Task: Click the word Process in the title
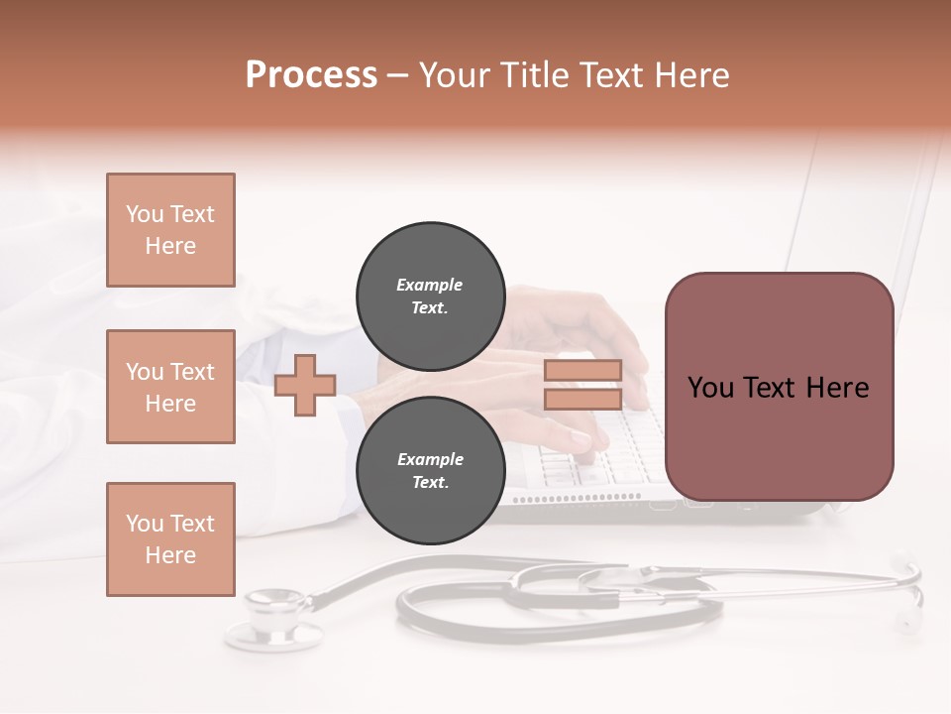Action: (311, 75)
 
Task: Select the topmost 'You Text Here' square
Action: (170, 230)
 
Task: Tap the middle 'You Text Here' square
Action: (170, 387)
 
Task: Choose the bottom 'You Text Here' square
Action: (170, 539)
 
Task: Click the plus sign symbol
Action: (304, 386)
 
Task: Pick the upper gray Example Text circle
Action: (430, 296)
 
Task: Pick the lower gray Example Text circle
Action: (430, 470)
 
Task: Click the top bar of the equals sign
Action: (582, 370)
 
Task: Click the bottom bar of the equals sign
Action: (582, 399)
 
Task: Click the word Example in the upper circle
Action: (429, 285)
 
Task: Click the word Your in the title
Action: (454, 75)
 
